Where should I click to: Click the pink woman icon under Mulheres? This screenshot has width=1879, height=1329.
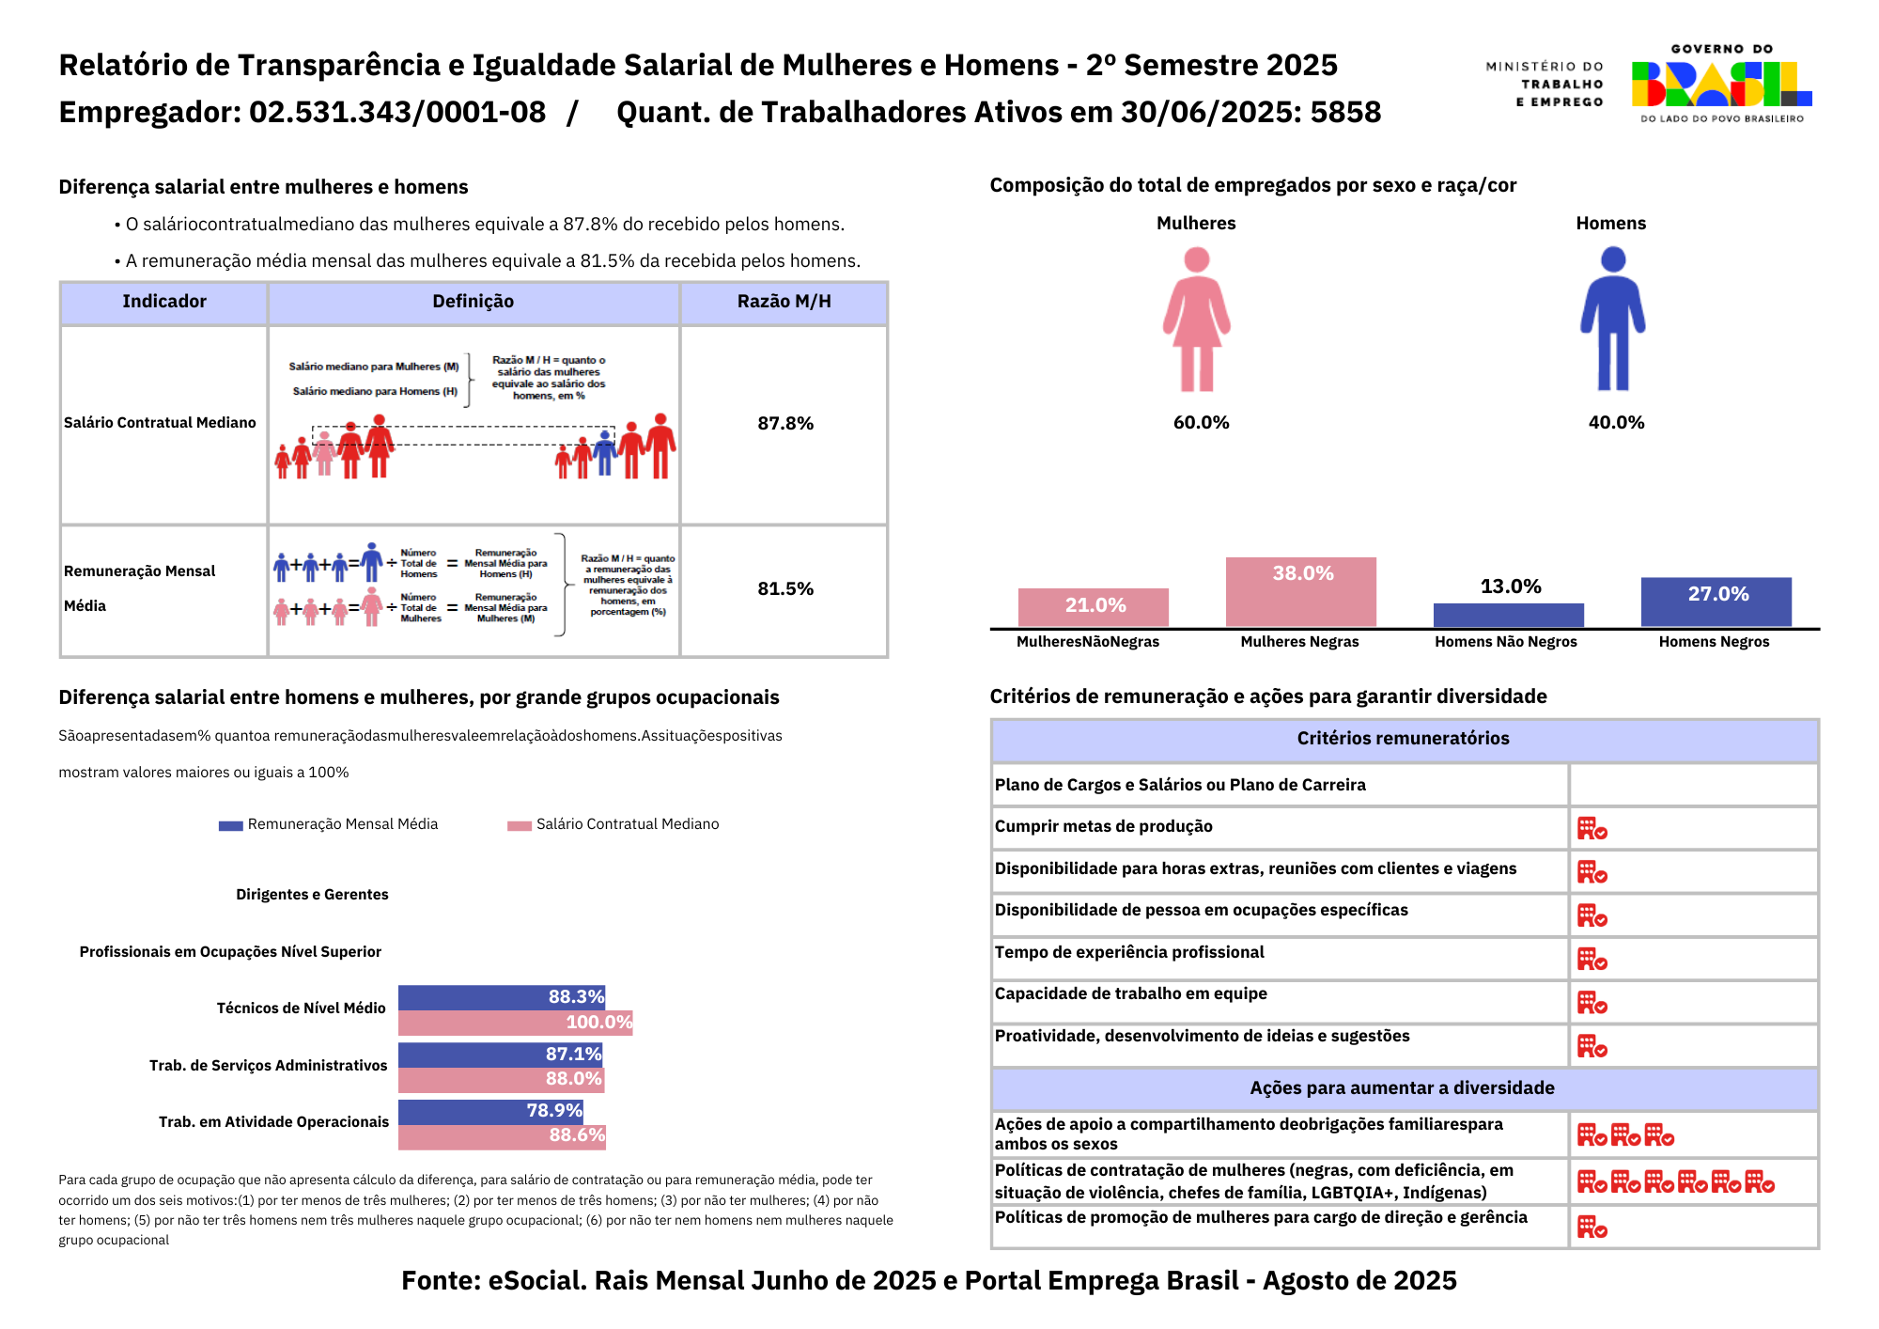[1196, 320]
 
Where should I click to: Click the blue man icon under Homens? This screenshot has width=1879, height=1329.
[1612, 320]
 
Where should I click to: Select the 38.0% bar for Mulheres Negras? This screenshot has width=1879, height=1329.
[1300, 592]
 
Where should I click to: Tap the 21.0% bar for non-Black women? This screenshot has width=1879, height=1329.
[1094, 607]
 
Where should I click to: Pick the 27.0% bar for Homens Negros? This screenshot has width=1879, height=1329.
[1716, 602]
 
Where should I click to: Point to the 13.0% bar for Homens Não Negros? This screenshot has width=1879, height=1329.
[1508, 616]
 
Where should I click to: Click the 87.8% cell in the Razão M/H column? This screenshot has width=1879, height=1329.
[784, 424]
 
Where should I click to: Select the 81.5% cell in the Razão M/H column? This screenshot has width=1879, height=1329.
[784, 589]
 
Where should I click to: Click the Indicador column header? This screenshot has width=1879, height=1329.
[164, 302]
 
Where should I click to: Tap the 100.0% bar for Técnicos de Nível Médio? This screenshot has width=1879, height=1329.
[515, 1023]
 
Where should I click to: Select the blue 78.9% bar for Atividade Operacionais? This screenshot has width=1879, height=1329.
[490, 1112]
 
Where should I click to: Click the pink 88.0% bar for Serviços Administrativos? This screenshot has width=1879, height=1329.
[501, 1080]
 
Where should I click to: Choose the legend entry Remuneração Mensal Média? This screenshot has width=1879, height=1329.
[329, 824]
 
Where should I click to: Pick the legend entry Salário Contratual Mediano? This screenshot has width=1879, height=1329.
[614, 824]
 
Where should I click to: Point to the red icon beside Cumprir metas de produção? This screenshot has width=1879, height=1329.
[1592, 829]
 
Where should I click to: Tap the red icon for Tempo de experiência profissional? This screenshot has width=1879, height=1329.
[1592, 960]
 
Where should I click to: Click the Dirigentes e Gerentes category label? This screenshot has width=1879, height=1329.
[312, 895]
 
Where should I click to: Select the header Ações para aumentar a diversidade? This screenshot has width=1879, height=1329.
[1403, 1088]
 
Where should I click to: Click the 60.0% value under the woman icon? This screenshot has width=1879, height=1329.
[1201, 423]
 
